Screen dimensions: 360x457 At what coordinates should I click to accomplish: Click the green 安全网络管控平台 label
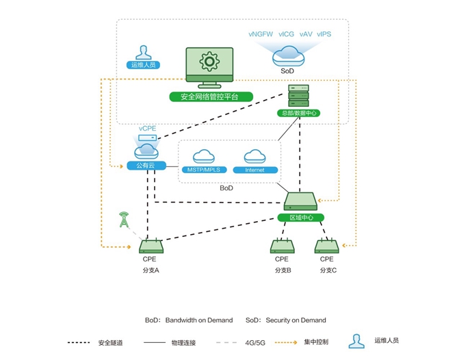click(x=209, y=97)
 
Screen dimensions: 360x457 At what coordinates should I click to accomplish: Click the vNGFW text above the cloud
click(x=260, y=34)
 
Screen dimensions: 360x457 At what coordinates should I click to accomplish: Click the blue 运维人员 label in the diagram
click(x=142, y=65)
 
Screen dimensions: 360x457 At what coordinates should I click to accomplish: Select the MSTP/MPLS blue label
click(x=204, y=169)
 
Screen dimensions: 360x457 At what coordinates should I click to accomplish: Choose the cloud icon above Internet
click(x=254, y=156)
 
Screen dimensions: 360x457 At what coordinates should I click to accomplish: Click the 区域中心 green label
click(x=301, y=217)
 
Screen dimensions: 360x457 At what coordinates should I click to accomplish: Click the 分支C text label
click(x=327, y=270)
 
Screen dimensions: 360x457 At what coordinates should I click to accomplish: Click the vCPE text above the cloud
click(x=147, y=129)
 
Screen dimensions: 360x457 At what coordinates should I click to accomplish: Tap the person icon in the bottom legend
click(x=355, y=340)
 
